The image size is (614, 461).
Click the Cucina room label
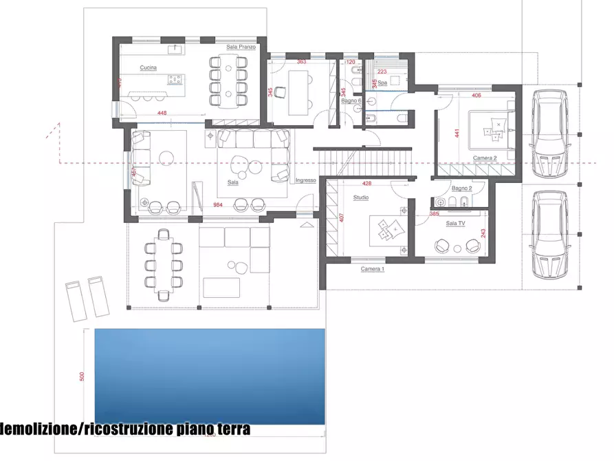pyautogui.click(x=149, y=67)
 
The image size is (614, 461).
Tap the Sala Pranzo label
pyautogui.click(x=241, y=47)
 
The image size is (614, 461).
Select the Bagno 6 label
pyautogui.click(x=351, y=101)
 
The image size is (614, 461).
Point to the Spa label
pyautogui.click(x=382, y=83)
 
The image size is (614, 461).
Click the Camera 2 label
pyautogui.click(x=485, y=158)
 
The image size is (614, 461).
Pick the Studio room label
pyautogui.click(x=361, y=197)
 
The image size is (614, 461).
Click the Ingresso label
pyautogui.click(x=306, y=180)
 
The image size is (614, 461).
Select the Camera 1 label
pyautogui.click(x=373, y=269)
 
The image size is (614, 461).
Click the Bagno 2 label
pyautogui.click(x=461, y=188)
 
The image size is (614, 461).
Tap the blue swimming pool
pyautogui.click(x=209, y=376)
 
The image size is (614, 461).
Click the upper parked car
pyautogui.click(x=550, y=133)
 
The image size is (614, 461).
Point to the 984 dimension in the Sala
pyautogui.click(x=218, y=205)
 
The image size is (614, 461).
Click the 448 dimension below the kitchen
pyautogui.click(x=162, y=113)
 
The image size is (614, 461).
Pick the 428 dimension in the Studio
pyautogui.click(x=366, y=184)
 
